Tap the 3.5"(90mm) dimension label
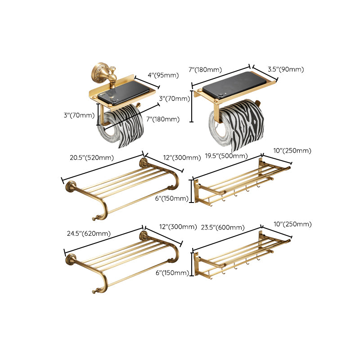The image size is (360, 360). (285, 69)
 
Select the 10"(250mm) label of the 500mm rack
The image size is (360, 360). (292, 151)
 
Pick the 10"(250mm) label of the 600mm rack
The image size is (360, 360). (292, 224)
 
